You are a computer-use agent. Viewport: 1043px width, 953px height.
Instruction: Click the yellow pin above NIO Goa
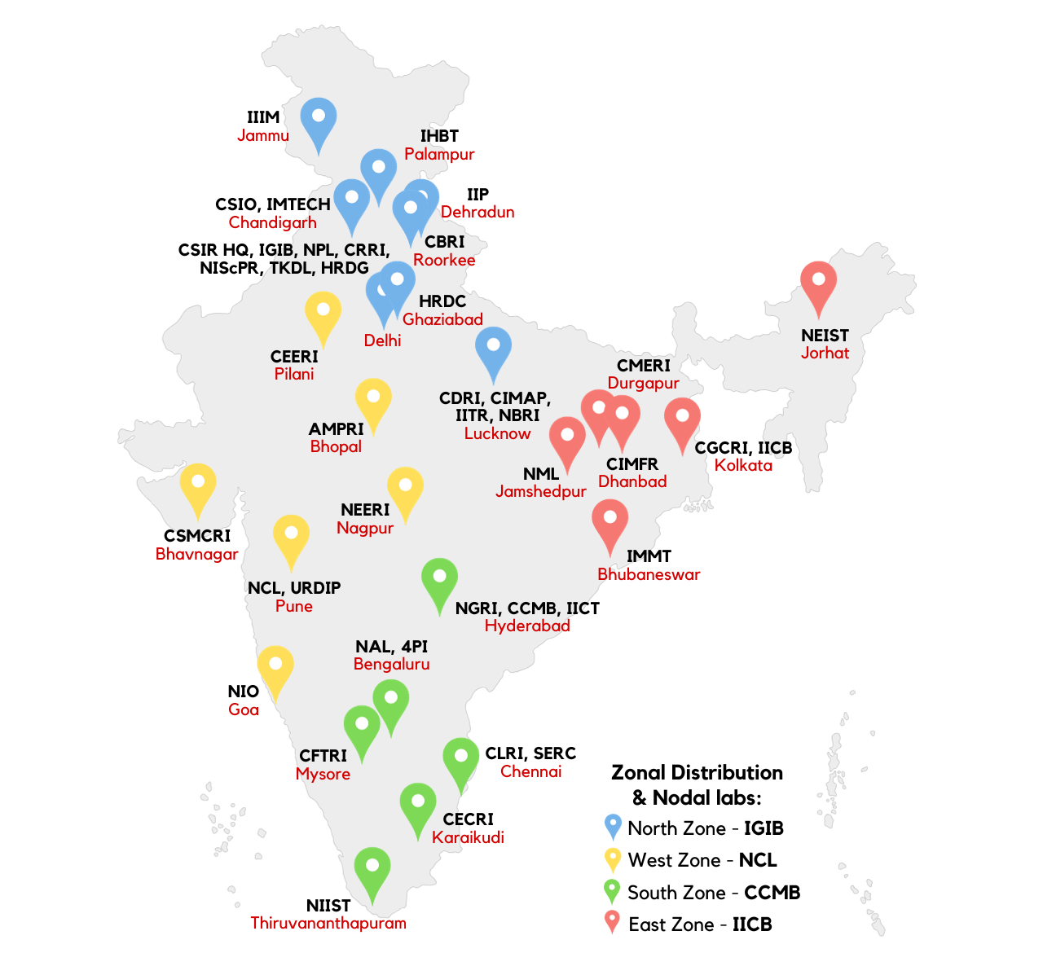275,667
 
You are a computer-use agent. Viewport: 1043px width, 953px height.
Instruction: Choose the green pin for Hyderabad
439,579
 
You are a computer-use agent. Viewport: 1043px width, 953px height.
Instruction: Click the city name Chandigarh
272,222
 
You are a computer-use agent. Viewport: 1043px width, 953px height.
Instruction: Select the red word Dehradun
477,212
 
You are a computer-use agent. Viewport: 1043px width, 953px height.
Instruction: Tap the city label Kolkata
743,465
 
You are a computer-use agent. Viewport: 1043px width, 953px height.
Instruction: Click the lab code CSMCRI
197,536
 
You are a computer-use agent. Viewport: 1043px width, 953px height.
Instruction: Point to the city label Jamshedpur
541,491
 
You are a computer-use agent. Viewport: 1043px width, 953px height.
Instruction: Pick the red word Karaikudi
468,837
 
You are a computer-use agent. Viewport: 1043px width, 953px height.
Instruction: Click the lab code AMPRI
336,429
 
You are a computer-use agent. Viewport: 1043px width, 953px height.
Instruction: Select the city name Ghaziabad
442,319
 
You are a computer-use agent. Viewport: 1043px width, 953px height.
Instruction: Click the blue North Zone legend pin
613,826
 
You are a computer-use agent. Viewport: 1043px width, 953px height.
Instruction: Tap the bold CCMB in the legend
772,893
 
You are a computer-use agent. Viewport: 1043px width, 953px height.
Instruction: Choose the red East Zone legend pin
613,922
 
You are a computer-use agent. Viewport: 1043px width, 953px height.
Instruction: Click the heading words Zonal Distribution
697,772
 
